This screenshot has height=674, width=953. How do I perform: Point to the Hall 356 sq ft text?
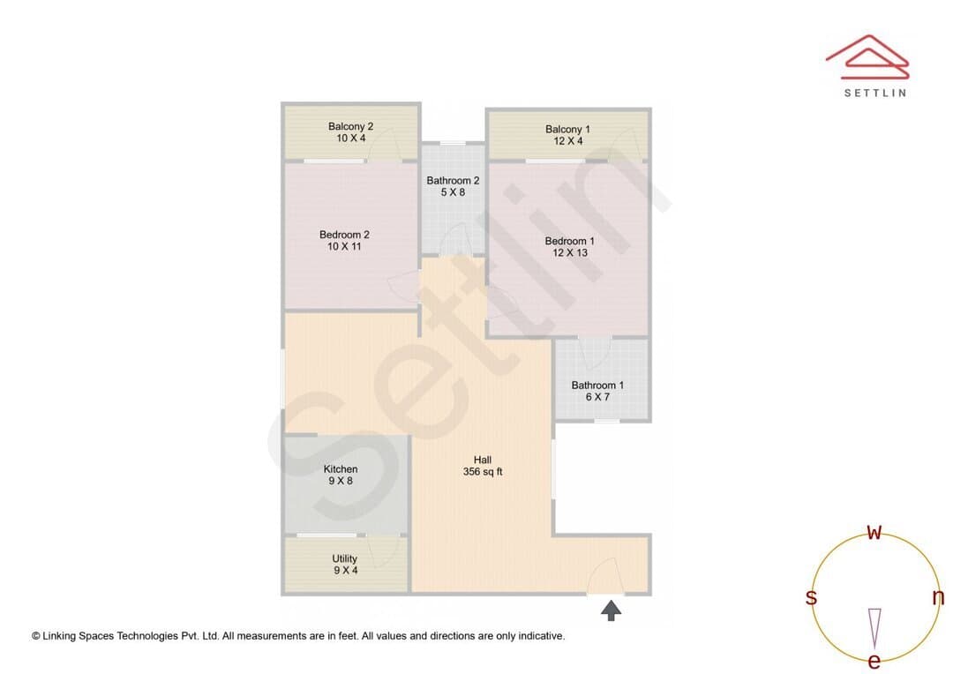point(483,466)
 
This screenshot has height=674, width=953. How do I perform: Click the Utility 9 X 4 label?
point(345,564)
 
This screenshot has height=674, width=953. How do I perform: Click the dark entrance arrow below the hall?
point(611,610)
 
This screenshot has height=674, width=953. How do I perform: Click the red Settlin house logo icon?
point(867,57)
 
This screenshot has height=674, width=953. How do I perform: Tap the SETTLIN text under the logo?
point(875,93)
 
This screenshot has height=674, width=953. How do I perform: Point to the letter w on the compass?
point(874,532)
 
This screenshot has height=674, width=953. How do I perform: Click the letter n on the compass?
point(938,597)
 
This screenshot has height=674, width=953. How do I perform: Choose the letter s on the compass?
point(811,597)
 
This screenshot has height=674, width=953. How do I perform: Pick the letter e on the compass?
point(874,661)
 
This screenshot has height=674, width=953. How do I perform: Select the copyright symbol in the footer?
point(36,636)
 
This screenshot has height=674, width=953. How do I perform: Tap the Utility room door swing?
point(384,551)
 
